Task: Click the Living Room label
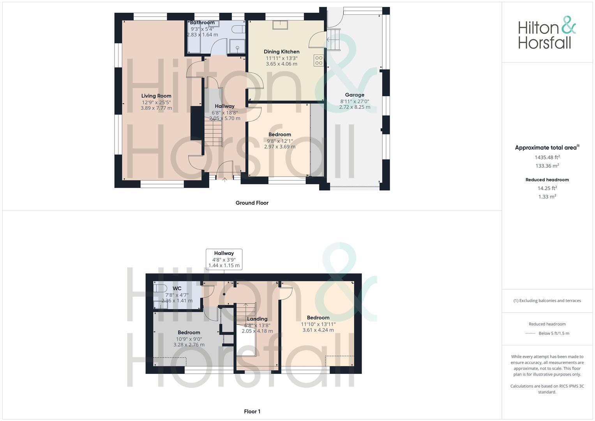[156, 96]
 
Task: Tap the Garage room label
[355, 95]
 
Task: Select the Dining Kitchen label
[281, 51]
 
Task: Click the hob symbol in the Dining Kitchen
[318, 60]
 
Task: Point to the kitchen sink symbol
[280, 25]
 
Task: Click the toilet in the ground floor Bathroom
[238, 30]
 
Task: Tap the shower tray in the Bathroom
[237, 46]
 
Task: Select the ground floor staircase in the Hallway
[213, 133]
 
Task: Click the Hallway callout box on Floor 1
[224, 259]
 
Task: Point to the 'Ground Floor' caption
[252, 203]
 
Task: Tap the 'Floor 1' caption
[252, 411]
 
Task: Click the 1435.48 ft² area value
[547, 157]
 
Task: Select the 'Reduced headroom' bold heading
[547, 180]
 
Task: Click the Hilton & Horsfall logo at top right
[547, 33]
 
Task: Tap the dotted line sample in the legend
[530, 334]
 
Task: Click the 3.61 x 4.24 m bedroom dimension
[318, 330]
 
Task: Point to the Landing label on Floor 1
[257, 319]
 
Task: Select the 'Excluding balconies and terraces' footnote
[547, 301]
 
